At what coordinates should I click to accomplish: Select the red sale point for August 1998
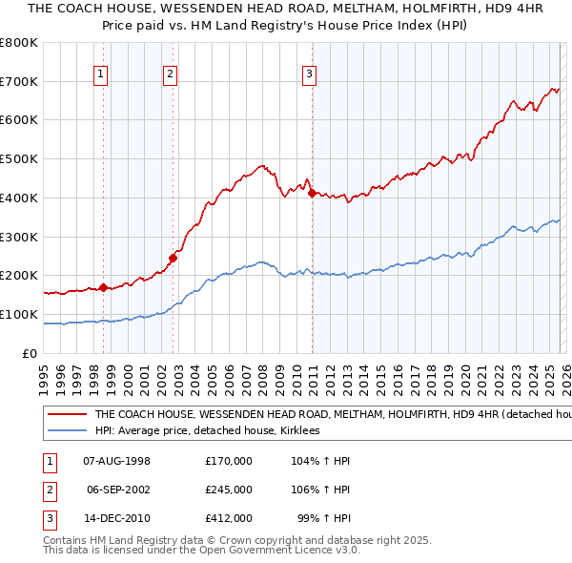tap(103, 287)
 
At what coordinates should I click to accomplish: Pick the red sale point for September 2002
tap(173, 257)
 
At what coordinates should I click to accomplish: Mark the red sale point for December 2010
tap(312, 193)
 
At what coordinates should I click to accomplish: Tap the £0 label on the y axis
tap(29, 353)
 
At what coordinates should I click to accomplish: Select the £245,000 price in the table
tap(229, 490)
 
